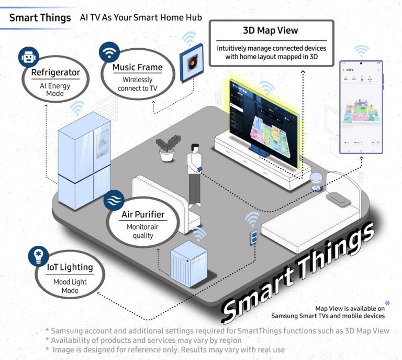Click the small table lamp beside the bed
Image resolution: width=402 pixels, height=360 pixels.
pos(316,180)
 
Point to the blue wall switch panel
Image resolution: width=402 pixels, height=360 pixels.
pos(254,237)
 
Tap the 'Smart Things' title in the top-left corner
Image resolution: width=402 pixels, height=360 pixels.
pos(40,17)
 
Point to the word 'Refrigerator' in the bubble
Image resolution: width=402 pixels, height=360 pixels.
pos(55,72)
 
